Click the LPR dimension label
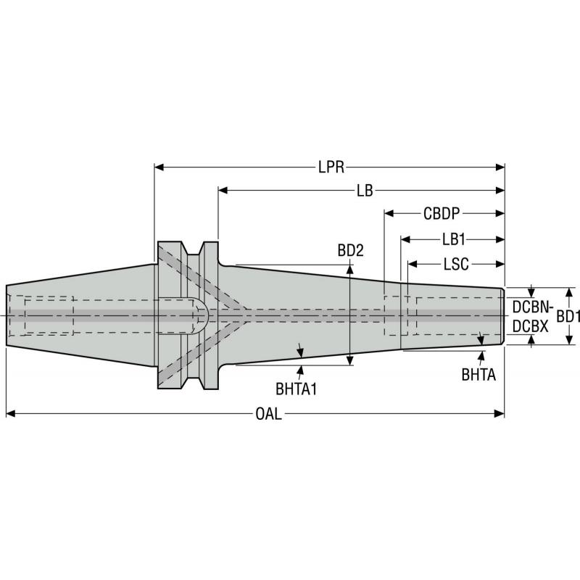tap(330, 167)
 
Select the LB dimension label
tap(364, 191)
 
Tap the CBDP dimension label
tap(443, 214)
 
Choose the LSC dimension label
tap(456, 262)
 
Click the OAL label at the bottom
tap(268, 414)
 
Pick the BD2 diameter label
tap(350, 250)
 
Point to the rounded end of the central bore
tap(204, 315)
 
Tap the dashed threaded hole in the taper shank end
tap(48, 315)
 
